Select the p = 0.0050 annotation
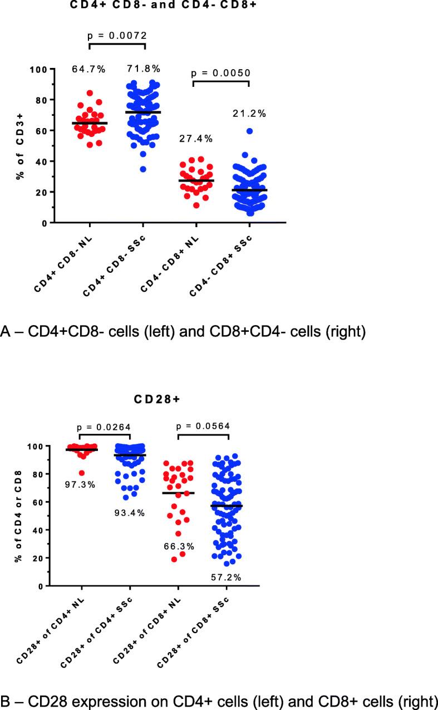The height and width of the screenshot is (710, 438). [x=221, y=73]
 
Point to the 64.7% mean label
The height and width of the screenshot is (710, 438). [x=90, y=69]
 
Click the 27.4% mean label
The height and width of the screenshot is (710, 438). [x=195, y=139]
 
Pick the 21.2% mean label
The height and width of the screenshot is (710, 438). [x=249, y=114]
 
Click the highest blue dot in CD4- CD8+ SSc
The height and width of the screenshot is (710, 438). [x=250, y=131]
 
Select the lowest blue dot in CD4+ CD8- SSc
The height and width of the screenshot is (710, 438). [x=143, y=169]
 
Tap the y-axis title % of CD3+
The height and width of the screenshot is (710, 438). [x=23, y=146]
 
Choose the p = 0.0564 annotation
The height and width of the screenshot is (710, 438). [x=203, y=428]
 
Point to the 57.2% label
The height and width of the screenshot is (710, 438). [x=226, y=578]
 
